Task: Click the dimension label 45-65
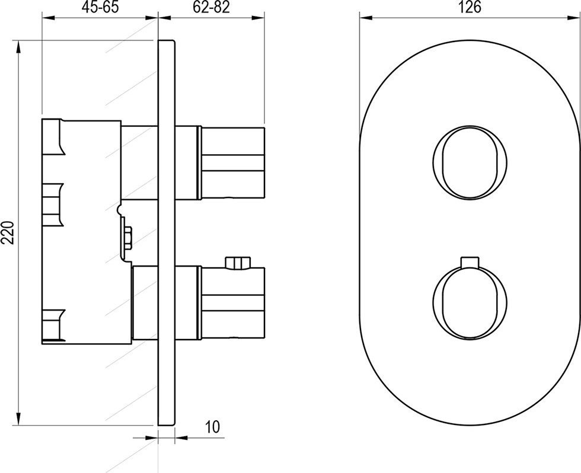(x=100, y=7)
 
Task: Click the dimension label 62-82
(x=211, y=7)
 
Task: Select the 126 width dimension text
(x=470, y=7)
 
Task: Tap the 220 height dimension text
(x=8, y=232)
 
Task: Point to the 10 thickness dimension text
(x=212, y=427)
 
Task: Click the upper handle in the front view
(x=470, y=161)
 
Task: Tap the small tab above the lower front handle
(x=470, y=261)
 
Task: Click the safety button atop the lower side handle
(x=238, y=262)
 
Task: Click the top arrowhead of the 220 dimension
(x=18, y=47)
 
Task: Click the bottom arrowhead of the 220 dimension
(x=18, y=418)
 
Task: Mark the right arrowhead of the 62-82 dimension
(x=258, y=18)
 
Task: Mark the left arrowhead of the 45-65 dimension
(x=49, y=18)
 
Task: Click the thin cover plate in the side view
(x=167, y=232)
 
